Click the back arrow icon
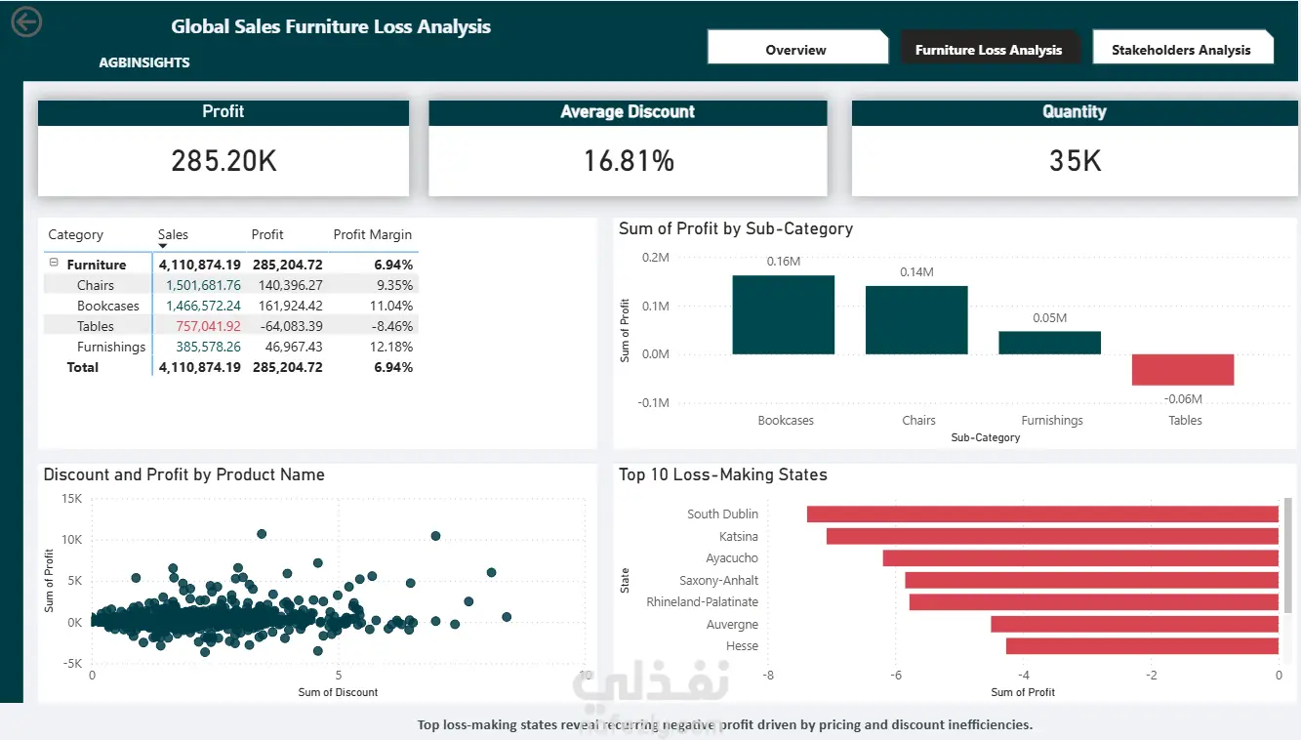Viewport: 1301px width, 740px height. click(x=26, y=21)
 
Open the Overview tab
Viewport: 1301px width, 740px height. click(x=795, y=50)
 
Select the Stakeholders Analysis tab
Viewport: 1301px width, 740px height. click(x=1181, y=50)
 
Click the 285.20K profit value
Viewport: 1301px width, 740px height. click(x=224, y=161)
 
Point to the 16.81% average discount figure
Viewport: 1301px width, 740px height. click(x=629, y=161)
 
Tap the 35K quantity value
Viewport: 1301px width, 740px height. click(x=1075, y=161)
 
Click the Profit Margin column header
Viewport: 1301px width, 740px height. click(x=372, y=234)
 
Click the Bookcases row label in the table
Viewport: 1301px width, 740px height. click(x=108, y=306)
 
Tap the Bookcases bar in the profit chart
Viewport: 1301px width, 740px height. click(x=784, y=314)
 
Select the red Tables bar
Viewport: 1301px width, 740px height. click(x=1183, y=370)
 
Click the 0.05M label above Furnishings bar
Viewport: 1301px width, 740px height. click(x=1050, y=318)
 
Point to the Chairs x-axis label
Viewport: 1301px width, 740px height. click(x=918, y=421)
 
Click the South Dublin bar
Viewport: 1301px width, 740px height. click(x=1042, y=514)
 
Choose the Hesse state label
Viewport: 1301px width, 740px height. click(x=742, y=646)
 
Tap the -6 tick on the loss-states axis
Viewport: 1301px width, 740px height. click(x=896, y=675)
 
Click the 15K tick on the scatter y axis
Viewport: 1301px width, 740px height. click(x=71, y=499)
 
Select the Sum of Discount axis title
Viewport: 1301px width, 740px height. click(x=338, y=692)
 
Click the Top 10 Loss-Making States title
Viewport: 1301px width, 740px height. click(x=723, y=475)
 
